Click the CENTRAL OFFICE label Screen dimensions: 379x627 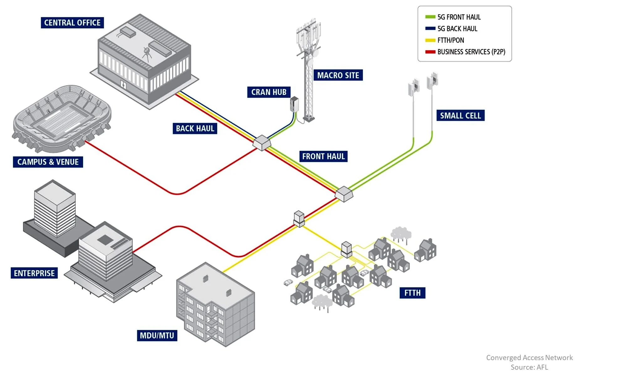pos(72,23)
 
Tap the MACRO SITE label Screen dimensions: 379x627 pos(338,75)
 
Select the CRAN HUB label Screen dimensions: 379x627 pos(269,92)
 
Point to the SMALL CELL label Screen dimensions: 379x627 pos(460,116)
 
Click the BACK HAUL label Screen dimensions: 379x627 pos(195,128)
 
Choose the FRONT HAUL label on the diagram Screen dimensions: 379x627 pos(323,156)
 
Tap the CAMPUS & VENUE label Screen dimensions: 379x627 pos(48,162)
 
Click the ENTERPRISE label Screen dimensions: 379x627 pos(34,273)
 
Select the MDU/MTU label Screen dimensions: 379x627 pos(157,335)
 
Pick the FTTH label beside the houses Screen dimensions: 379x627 pos(412,293)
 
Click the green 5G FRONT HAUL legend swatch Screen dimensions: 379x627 pos(430,17)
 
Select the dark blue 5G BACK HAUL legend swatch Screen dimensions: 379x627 pos(430,29)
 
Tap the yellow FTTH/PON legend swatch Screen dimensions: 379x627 pos(430,40)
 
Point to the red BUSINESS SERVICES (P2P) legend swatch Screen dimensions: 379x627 pos(430,52)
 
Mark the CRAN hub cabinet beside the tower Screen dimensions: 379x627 pos(294,104)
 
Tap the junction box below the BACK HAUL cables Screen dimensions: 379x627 pos(262,143)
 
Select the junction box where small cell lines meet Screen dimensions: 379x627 pos(344,194)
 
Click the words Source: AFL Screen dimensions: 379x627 pos(529,367)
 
